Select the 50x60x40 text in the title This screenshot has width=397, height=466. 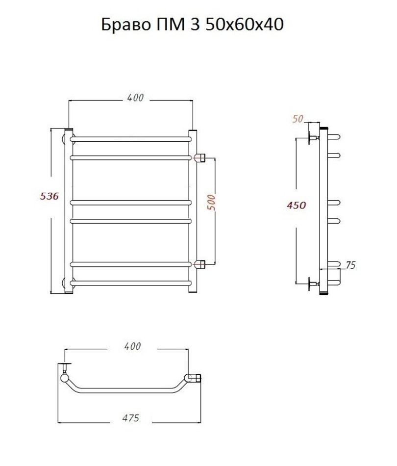tap(245, 25)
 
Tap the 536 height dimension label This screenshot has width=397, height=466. tap(50, 196)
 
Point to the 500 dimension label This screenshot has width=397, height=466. tap(211, 203)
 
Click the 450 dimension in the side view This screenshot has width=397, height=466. tap(297, 205)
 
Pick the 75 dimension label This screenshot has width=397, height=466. tap(350, 265)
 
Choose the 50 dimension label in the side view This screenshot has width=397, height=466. tap(298, 119)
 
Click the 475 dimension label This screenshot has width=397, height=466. tap(131, 418)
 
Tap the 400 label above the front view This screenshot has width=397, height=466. tap(135, 98)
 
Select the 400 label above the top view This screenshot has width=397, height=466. tap(132, 346)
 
